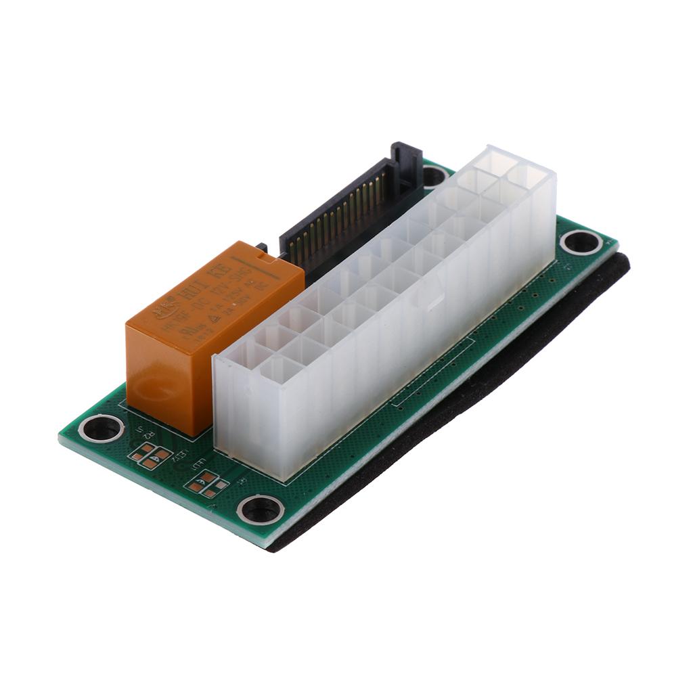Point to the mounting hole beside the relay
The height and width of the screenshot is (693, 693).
(x=102, y=428)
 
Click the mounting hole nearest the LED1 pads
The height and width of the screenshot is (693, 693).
(x=261, y=509)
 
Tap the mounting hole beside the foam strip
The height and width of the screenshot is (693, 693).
(x=581, y=242)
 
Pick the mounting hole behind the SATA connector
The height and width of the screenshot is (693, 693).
(x=433, y=176)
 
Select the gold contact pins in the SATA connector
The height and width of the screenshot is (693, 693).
(x=338, y=217)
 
